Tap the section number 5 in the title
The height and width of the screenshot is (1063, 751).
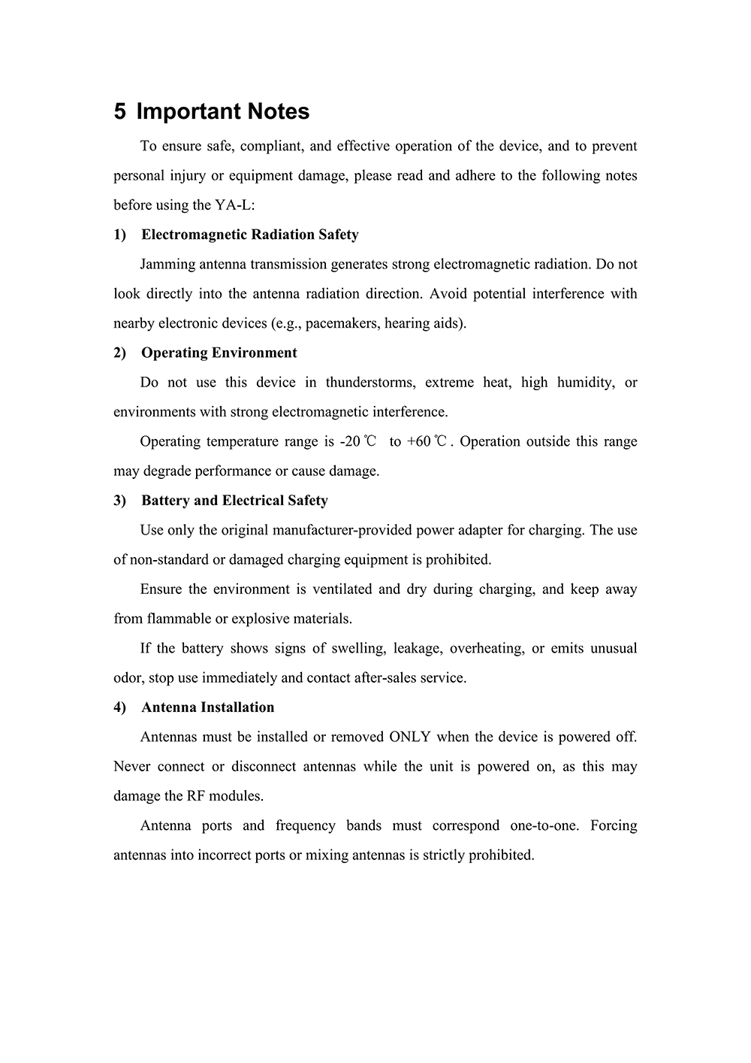click(120, 111)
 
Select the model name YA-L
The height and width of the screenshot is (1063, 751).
click(234, 205)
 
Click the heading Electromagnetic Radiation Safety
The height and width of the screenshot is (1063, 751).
click(250, 235)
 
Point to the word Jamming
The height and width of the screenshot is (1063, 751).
click(167, 264)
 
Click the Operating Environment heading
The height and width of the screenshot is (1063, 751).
click(219, 353)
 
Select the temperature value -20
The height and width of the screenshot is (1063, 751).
click(350, 441)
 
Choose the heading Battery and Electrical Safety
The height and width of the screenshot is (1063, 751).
click(234, 501)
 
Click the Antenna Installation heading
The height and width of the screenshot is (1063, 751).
click(208, 707)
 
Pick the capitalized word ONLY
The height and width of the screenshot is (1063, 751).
click(410, 737)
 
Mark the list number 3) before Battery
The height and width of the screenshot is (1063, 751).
click(120, 501)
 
